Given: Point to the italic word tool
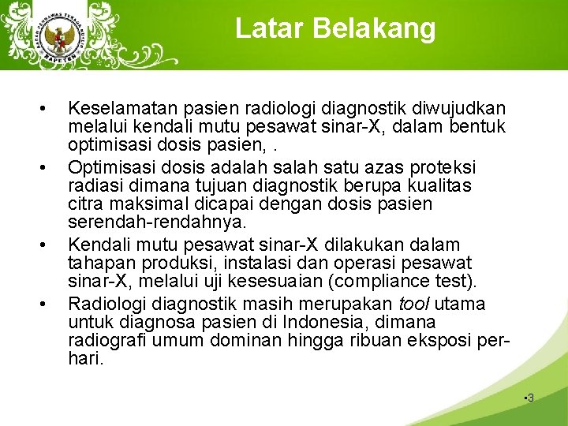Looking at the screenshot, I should (x=414, y=304).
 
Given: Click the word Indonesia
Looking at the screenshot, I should (x=353, y=323).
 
